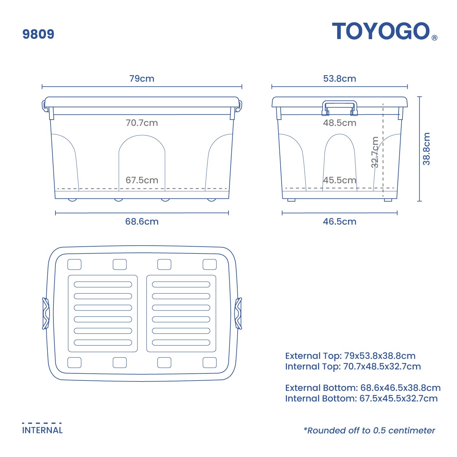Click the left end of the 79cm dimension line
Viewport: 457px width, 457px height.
(x=42, y=87)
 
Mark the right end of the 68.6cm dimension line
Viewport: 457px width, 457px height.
(x=229, y=213)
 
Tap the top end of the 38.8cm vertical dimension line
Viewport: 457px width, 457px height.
(x=419, y=97)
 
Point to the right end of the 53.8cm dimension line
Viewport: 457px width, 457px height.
(x=407, y=87)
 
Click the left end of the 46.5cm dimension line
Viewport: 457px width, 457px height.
(x=282, y=213)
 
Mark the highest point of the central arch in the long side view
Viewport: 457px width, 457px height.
(x=142, y=135)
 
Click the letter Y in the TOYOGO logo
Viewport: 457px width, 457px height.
(x=373, y=31)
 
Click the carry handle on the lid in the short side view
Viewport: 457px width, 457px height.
(x=340, y=108)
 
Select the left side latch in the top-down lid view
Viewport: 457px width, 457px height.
(x=46, y=313)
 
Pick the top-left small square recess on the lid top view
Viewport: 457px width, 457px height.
(x=75, y=264)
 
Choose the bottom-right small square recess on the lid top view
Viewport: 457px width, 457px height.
(x=210, y=363)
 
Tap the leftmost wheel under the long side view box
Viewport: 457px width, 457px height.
(x=72, y=200)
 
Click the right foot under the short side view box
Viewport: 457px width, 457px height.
(x=388, y=200)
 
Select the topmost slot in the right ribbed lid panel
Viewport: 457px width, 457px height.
(x=181, y=284)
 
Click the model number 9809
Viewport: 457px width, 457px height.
(x=39, y=34)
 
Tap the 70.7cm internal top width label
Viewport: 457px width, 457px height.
(x=142, y=123)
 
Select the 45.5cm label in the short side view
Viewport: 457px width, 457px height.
(x=340, y=180)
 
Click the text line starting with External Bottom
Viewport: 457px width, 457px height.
(x=363, y=388)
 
